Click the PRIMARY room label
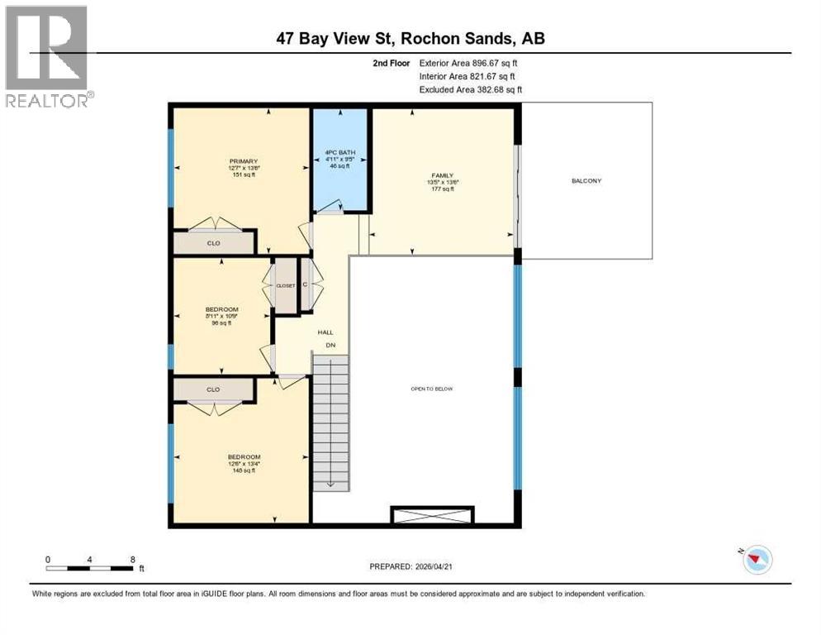(244, 161)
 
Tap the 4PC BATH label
(340, 152)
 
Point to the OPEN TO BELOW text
(432, 389)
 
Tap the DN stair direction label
(330, 345)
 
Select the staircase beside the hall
(330, 422)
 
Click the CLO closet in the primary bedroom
(213, 243)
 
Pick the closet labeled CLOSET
(285, 285)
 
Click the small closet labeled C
(305, 285)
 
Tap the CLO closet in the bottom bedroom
(213, 388)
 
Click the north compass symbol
(757, 561)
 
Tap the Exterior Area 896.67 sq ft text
(468, 63)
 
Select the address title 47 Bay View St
(410, 38)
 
